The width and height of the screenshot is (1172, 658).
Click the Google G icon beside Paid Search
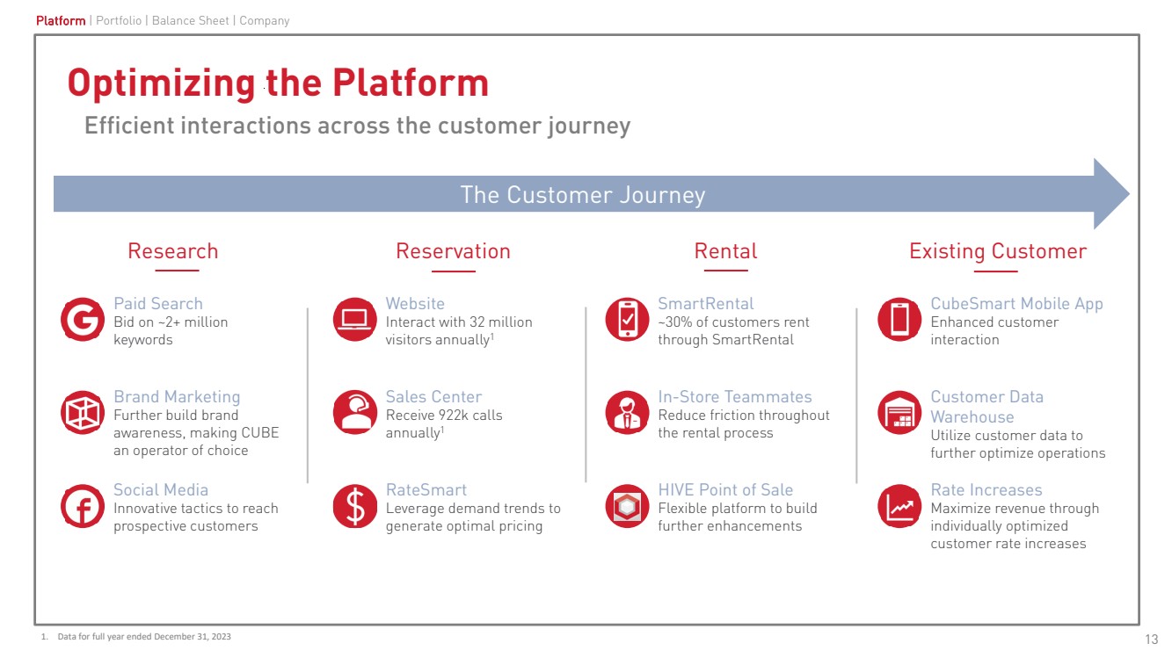click(83, 320)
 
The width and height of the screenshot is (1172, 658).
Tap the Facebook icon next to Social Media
click(83, 507)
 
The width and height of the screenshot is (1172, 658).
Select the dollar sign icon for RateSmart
click(355, 507)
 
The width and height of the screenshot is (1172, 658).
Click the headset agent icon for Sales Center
click(355, 413)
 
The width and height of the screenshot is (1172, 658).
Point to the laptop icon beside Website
click(355, 320)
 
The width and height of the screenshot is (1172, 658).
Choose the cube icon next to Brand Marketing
click(83, 413)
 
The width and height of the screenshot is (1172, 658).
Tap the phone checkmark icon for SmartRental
click(628, 320)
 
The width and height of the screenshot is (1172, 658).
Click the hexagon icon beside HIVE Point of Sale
click(628, 507)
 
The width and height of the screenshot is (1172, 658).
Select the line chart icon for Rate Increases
click(899, 507)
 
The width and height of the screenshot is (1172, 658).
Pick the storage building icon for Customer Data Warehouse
click(899, 413)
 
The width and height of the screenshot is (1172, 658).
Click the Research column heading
click(172, 251)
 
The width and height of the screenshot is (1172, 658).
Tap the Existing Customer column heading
click(998, 251)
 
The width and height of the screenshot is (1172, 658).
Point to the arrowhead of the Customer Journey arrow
click(1110, 194)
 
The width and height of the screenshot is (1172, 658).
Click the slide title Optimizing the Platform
click(278, 83)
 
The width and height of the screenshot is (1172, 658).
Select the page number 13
click(1152, 639)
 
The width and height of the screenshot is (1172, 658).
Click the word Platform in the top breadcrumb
click(61, 20)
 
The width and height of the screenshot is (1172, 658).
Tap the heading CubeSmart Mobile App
click(1016, 304)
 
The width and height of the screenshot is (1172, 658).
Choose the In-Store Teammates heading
click(735, 397)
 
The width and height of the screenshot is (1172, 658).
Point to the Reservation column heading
click(453, 251)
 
